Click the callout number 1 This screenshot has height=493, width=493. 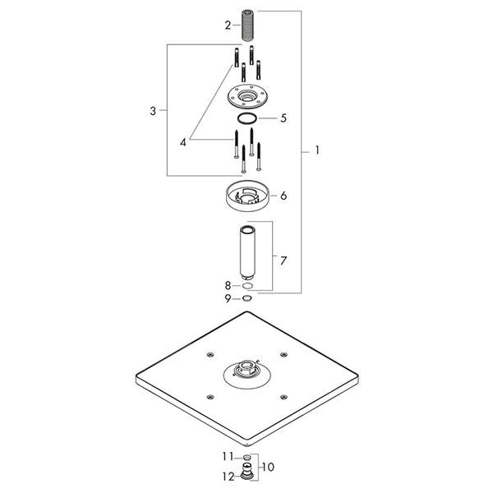(x=317, y=150)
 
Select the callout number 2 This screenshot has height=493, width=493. (x=228, y=25)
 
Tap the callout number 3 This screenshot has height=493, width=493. (x=153, y=111)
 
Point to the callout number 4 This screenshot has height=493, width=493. (x=183, y=142)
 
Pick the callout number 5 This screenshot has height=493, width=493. (x=283, y=118)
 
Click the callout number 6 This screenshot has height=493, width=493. (x=283, y=196)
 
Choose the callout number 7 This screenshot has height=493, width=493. (x=283, y=260)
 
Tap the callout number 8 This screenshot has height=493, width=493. (x=228, y=285)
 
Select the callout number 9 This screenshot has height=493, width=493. (x=228, y=298)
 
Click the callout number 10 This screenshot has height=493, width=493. (x=268, y=467)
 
